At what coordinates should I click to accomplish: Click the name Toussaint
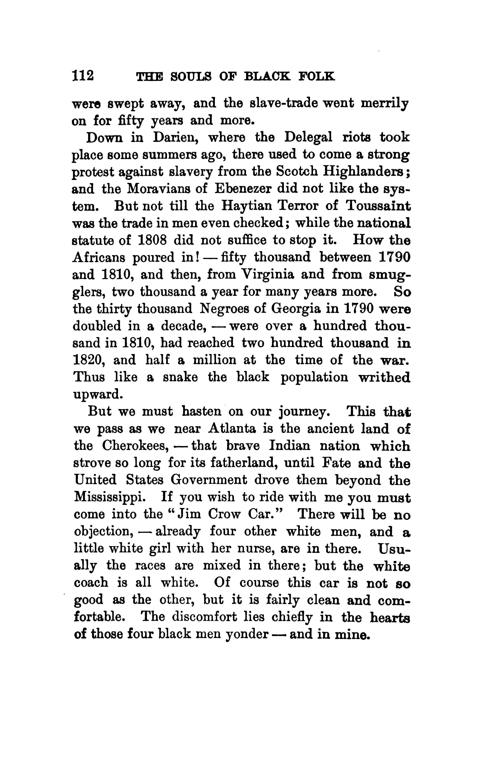click(378, 206)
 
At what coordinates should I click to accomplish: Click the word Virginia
click(266, 274)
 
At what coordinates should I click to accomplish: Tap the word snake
click(180, 377)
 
